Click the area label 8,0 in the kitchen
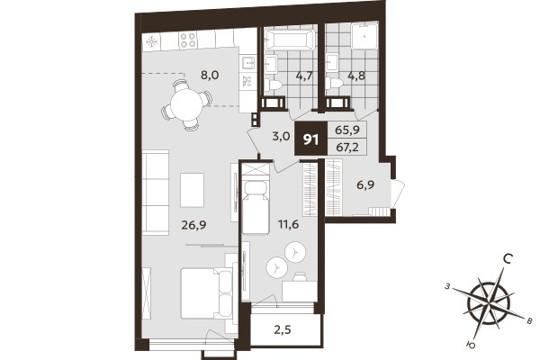(x=210, y=76)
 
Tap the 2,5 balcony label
(x=282, y=328)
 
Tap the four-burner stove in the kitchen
(x=189, y=40)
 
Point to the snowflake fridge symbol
(x=152, y=40)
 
